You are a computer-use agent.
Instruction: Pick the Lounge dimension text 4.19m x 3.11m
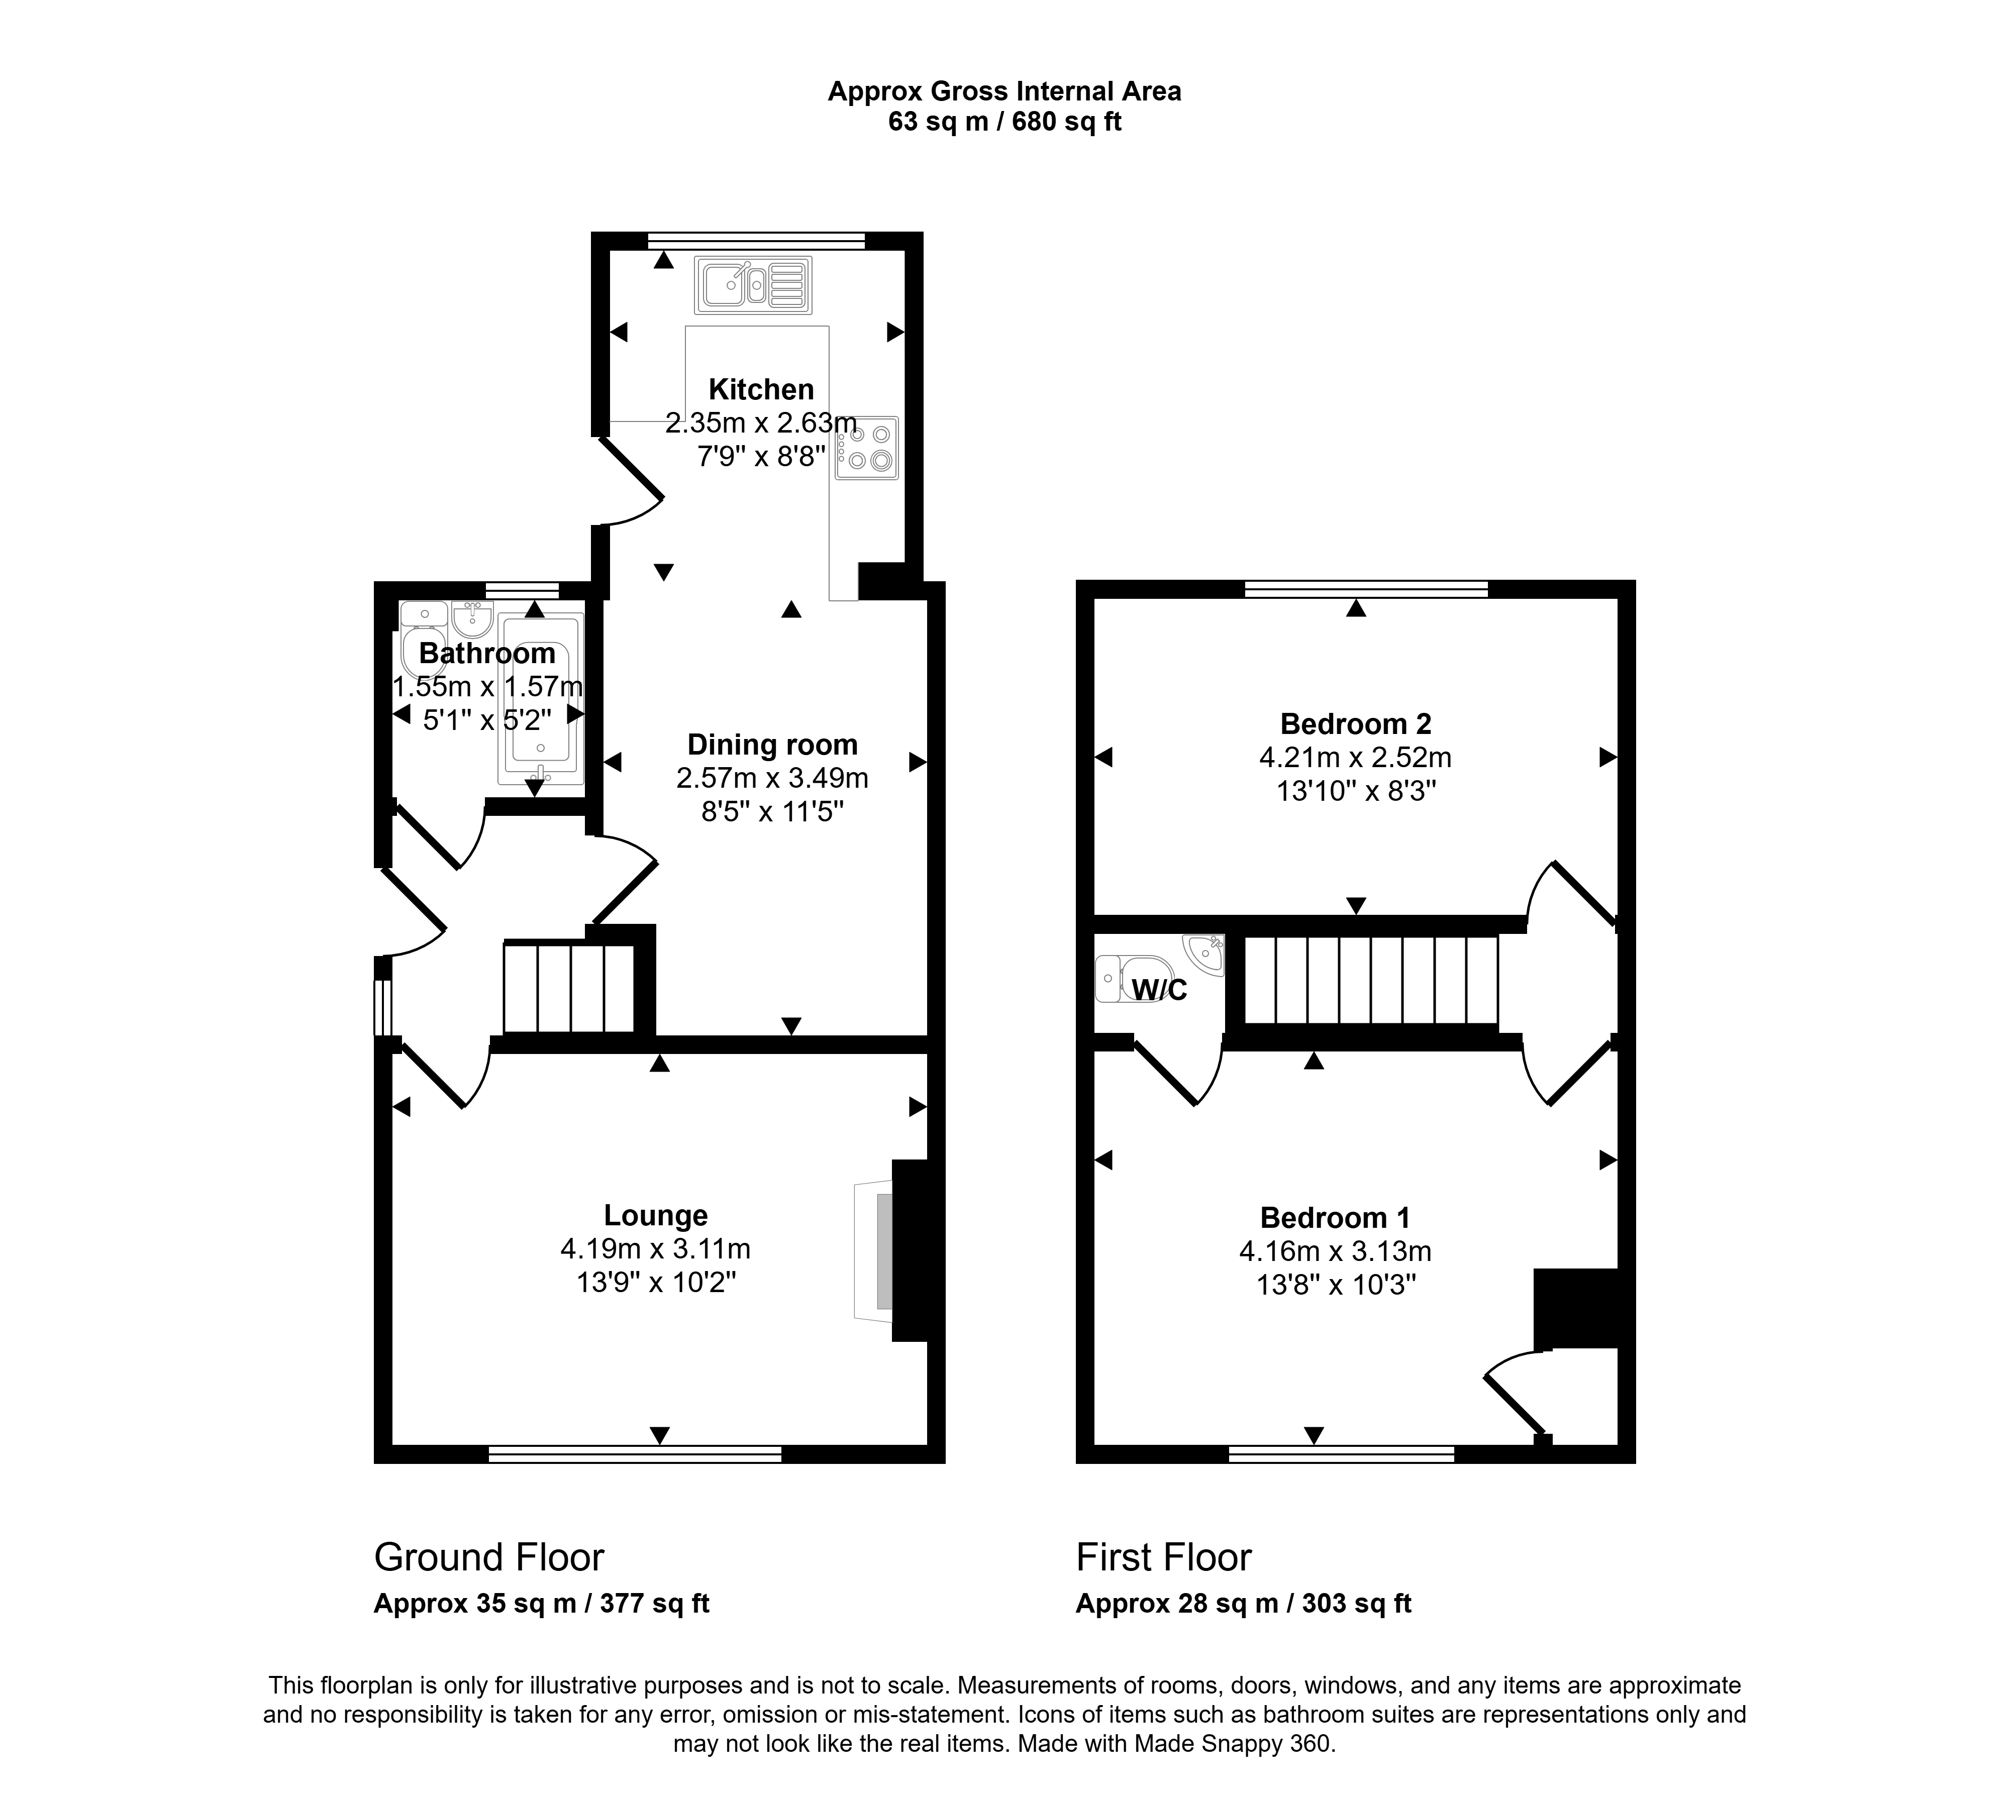point(656,1249)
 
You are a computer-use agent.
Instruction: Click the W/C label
point(1159,990)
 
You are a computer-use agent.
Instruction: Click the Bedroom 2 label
point(1355,724)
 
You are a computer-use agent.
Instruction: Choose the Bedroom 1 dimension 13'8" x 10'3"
point(1336,1285)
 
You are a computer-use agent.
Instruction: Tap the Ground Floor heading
point(488,1557)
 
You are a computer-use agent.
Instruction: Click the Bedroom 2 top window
point(1366,589)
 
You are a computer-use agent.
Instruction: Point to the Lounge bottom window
point(635,1453)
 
